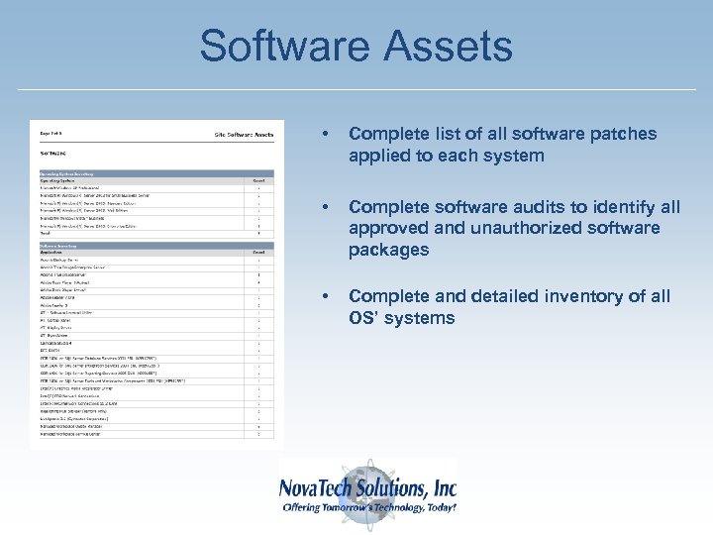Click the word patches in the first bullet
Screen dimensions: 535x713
(625, 134)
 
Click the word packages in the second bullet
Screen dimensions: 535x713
(388, 251)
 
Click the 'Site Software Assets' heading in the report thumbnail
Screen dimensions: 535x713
(243, 134)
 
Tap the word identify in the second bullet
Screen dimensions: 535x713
(618, 207)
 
